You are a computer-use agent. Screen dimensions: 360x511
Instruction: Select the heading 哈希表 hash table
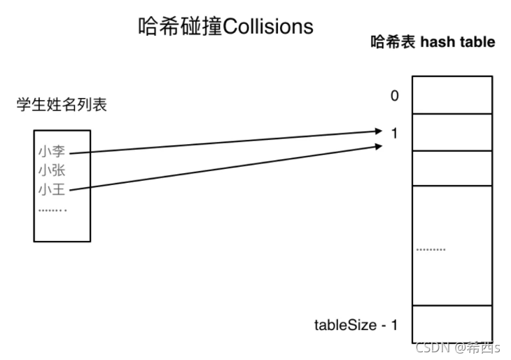pos(432,42)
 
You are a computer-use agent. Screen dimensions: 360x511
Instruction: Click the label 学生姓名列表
pos(62,105)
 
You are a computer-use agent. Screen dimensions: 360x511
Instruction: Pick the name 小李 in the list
pos(52,151)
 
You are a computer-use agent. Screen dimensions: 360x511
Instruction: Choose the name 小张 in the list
pos(52,170)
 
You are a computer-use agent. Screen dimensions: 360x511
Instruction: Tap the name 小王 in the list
pos(52,189)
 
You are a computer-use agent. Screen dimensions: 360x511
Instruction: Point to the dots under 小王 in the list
pos(52,209)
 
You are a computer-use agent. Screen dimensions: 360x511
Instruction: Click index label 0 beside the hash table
pos(395,95)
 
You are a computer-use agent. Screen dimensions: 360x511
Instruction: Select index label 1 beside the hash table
pos(395,132)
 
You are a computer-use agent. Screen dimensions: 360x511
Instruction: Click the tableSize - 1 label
pos(356,325)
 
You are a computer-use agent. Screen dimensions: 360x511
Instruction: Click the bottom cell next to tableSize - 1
pos(451,323)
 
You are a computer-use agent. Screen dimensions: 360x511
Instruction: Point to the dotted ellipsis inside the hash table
pos(430,249)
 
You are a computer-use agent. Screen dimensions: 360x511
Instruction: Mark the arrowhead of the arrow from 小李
pos(380,131)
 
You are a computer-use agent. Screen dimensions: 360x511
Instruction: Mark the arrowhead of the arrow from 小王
pos(380,146)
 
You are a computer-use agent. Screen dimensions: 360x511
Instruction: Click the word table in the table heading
pos(479,42)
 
